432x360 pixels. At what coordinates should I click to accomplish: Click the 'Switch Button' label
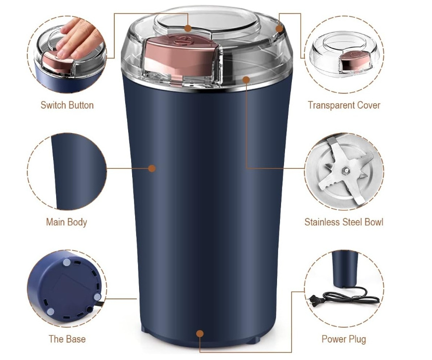click(x=67, y=105)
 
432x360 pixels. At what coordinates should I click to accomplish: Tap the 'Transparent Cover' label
click(x=344, y=105)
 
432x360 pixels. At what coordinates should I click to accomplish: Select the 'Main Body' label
click(x=67, y=222)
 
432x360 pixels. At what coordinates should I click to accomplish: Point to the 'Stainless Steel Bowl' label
click(x=344, y=222)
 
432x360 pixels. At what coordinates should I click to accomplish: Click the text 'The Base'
click(x=67, y=339)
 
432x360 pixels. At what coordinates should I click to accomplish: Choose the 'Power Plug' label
click(x=344, y=339)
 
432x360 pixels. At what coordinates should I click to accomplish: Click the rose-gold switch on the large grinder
click(x=180, y=57)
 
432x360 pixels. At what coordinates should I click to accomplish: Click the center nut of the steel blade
click(x=345, y=171)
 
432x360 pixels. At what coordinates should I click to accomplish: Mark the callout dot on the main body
click(x=152, y=168)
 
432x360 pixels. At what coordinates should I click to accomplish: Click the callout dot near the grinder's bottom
click(x=200, y=334)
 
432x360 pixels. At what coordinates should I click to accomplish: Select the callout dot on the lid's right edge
click(x=280, y=28)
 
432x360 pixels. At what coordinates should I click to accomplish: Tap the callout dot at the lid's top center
click(x=188, y=28)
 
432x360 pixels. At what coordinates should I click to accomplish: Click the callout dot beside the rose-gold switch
click(x=246, y=80)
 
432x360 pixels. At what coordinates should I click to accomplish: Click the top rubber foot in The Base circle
click(x=67, y=263)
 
